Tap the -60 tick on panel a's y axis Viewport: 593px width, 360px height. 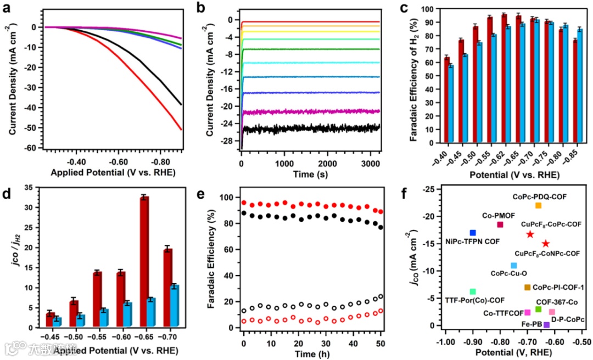35,148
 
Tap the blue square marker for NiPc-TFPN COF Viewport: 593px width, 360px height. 472,233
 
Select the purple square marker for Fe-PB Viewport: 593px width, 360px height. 546,325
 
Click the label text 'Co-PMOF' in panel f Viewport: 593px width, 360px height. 499,216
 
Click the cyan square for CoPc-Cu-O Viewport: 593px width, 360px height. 513,266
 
